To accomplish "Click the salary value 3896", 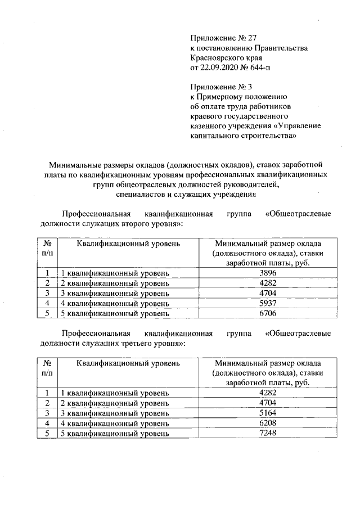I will [x=267, y=273].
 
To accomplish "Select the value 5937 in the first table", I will [x=267, y=303].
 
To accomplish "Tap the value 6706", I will [x=267, y=313].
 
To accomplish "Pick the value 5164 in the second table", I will [x=267, y=413].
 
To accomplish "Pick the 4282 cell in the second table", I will [x=267, y=393].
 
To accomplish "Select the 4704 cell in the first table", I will [x=267, y=293].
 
